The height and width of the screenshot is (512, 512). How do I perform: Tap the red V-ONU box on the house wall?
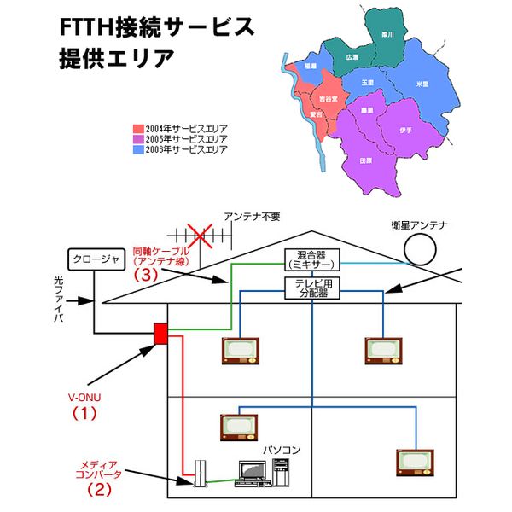[159, 334]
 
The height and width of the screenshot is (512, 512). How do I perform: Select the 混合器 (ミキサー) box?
[311, 260]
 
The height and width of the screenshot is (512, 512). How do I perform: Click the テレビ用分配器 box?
[311, 288]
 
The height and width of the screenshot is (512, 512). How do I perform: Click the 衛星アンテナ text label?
[417, 225]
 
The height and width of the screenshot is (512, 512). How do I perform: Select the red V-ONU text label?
[84, 398]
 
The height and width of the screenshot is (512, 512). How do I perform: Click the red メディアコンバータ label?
[101, 467]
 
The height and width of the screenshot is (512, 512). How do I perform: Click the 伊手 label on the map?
[405, 130]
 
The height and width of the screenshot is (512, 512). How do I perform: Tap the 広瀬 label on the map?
[352, 56]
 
